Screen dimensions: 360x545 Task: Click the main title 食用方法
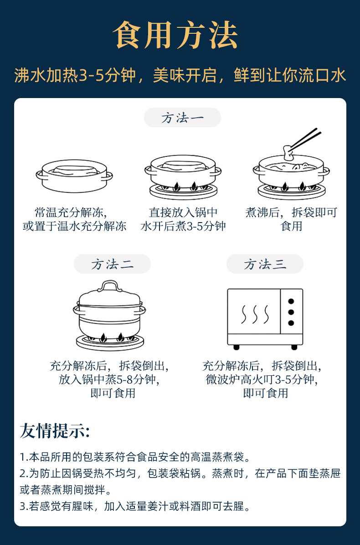(x=175, y=35)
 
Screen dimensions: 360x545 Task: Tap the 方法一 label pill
(x=182, y=118)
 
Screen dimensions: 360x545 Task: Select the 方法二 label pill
(x=112, y=264)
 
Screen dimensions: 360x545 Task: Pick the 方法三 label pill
(x=265, y=264)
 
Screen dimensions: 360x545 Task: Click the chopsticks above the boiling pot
(x=305, y=139)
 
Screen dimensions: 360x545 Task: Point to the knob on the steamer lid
(x=110, y=286)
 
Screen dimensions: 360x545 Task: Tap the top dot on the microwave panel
(x=291, y=301)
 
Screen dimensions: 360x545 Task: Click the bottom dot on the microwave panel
(x=291, y=323)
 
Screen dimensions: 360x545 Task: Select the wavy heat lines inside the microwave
(x=255, y=314)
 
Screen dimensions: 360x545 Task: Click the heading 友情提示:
(x=55, y=431)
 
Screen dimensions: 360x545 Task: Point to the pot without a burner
(x=74, y=176)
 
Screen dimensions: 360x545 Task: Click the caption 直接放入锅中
(x=183, y=212)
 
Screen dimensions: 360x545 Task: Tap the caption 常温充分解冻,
(x=71, y=212)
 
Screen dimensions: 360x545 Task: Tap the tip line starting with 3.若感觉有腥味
(x=135, y=506)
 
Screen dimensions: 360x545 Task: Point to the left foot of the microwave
(x=237, y=347)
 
